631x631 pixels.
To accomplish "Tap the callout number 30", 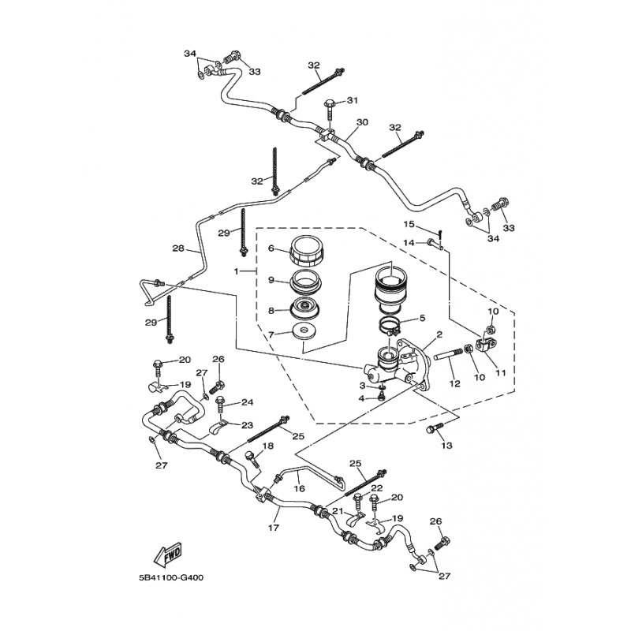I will pyautogui.click(x=362, y=122).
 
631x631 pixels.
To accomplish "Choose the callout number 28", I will pyautogui.click(x=178, y=248).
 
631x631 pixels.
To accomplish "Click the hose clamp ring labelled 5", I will pyautogui.click(x=393, y=324).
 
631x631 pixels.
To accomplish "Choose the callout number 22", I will pyautogui.click(x=376, y=488).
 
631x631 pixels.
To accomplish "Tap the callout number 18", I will pyautogui.click(x=267, y=446).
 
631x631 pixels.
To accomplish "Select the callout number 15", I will pyautogui.click(x=409, y=224).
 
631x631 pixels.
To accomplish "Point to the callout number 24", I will pyautogui.click(x=247, y=401).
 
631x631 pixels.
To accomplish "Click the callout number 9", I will pyautogui.click(x=271, y=279).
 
